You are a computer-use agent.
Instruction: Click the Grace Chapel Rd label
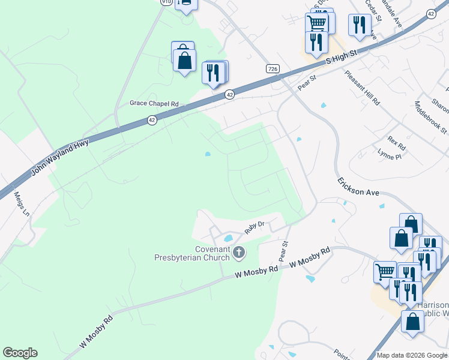pos(155,103)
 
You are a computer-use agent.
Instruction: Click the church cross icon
pos(239,252)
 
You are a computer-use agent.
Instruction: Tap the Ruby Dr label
pos(255,226)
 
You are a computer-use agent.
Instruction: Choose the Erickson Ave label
pos(358,186)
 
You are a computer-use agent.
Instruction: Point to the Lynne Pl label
pos(390,156)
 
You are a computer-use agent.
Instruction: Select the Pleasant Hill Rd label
pos(363,88)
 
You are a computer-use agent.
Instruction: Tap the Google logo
pos(20,353)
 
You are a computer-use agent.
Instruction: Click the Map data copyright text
pos(412,355)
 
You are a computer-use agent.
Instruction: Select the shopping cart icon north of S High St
pos(317,23)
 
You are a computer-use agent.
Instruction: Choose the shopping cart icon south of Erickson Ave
pos(385,271)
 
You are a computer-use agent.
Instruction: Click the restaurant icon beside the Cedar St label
pos(359,24)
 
